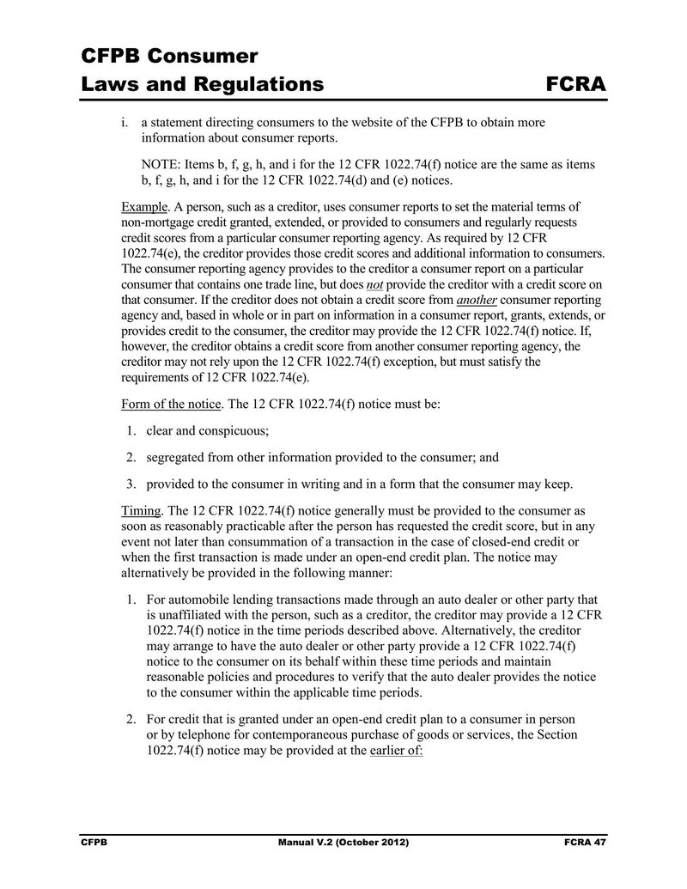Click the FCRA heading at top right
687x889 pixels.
point(575,84)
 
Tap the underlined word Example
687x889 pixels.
point(144,207)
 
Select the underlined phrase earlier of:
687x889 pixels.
point(396,748)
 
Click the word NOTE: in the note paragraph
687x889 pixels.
point(161,164)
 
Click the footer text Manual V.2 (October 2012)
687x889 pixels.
point(343,844)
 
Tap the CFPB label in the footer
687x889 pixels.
point(93,844)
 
